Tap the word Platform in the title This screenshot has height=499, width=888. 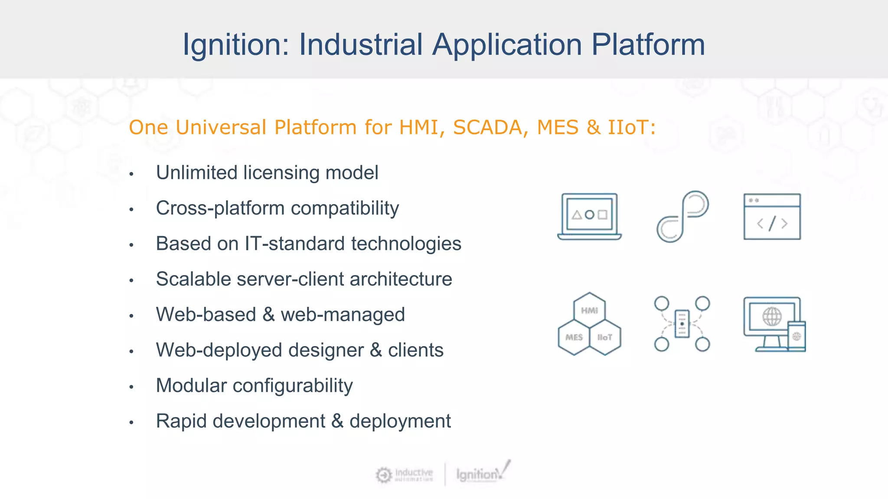tap(648, 45)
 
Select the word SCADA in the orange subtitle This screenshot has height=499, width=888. tap(488, 127)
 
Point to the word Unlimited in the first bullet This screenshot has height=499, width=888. tap(196, 172)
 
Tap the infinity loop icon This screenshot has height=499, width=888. tap(682, 216)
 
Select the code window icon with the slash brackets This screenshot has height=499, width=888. tap(772, 216)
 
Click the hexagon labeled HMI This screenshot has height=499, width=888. tap(589, 310)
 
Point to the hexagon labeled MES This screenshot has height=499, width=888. tap(574, 337)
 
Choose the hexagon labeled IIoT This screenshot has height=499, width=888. tap(605, 337)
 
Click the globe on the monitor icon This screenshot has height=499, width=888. tap(772, 317)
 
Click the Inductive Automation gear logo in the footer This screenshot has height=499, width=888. tap(384, 475)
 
